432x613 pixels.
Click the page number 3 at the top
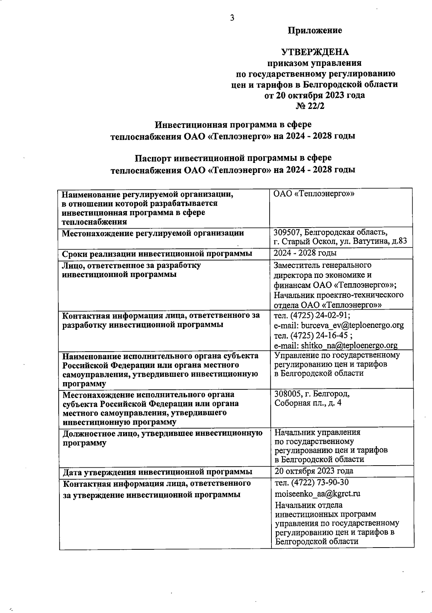click(x=232, y=18)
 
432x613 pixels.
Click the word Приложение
click(x=315, y=31)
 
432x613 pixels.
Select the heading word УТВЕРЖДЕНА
click(x=315, y=52)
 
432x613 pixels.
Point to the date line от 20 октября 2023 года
click(x=315, y=95)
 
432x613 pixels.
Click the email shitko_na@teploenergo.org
click(x=349, y=346)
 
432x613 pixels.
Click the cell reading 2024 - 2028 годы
click(x=305, y=253)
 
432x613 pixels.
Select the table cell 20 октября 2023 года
click(x=314, y=471)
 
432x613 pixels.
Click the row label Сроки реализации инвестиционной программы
click(x=157, y=254)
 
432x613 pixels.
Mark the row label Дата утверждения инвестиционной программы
click(x=157, y=472)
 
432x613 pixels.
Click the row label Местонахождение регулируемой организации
click(x=153, y=233)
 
